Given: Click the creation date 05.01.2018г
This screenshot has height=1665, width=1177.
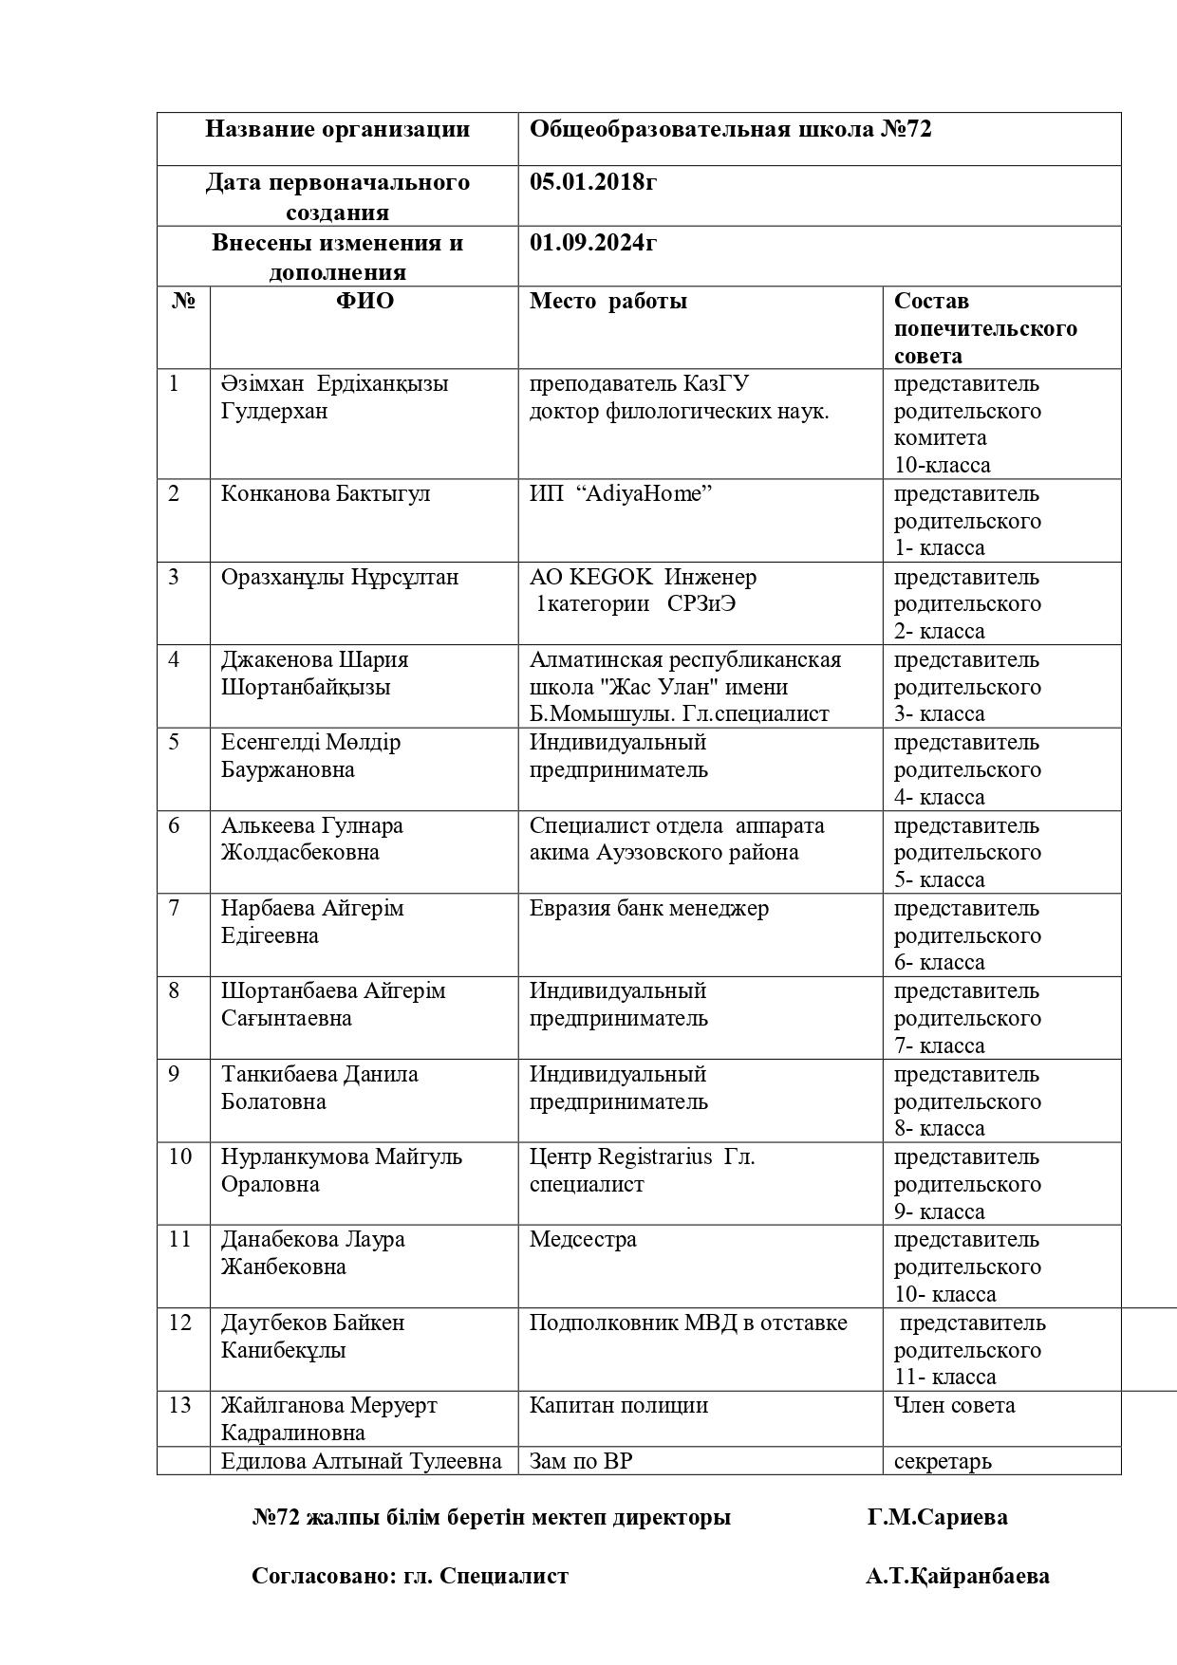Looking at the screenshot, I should [x=592, y=182].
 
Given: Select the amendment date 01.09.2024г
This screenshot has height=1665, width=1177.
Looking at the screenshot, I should [x=593, y=243].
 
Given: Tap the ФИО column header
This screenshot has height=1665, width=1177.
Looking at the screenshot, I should [x=364, y=302].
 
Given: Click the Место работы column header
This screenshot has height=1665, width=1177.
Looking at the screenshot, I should [x=608, y=302].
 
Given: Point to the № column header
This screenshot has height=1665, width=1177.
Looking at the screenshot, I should [x=183, y=302].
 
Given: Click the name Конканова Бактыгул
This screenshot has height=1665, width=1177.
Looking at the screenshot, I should [x=326, y=494].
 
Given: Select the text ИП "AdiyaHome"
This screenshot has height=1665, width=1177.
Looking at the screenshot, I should [x=621, y=494].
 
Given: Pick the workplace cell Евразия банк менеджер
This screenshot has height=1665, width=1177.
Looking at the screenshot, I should [x=648, y=909].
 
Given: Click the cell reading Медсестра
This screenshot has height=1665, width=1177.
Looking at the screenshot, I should [x=583, y=1240].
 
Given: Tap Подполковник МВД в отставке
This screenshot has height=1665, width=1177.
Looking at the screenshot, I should [x=688, y=1323].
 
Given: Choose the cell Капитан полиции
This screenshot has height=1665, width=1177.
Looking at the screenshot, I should [x=618, y=1406].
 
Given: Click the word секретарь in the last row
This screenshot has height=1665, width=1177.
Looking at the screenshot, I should [x=943, y=1461].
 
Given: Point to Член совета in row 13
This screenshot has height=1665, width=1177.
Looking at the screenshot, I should [x=954, y=1406].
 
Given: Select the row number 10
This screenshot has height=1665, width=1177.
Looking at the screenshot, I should [x=179, y=1157].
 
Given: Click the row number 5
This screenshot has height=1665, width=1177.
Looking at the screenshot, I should [x=174, y=743].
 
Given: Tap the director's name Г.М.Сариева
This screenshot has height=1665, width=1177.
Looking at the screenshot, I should [x=937, y=1518].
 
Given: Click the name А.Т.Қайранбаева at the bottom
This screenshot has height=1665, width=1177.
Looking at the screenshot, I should [x=957, y=1577].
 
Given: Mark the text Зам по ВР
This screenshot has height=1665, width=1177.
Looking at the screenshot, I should [x=580, y=1461].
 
